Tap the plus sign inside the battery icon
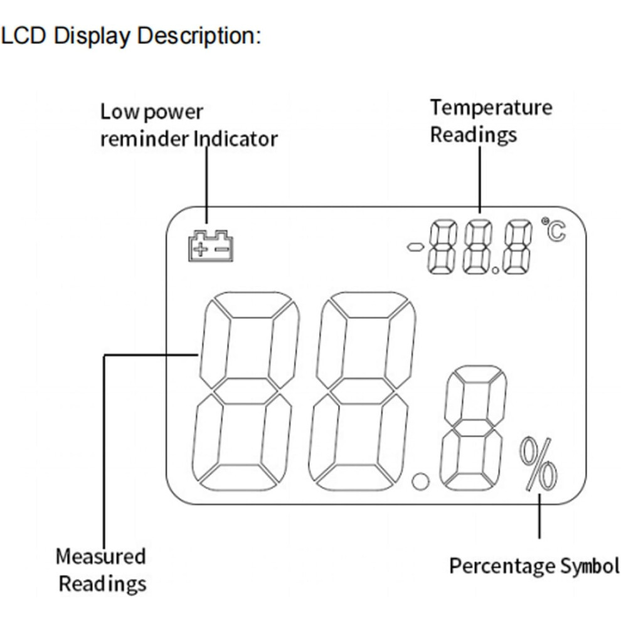click(x=200, y=250)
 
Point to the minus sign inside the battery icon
click(x=222, y=249)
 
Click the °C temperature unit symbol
click(x=554, y=229)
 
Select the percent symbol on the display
click(x=538, y=464)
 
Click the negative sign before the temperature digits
click(x=415, y=248)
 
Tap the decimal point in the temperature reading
click(x=496, y=270)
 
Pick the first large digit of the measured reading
click(x=245, y=391)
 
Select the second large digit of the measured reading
click(x=362, y=391)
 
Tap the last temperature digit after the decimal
click(x=517, y=247)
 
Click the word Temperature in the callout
click(x=491, y=108)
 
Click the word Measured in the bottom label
click(x=100, y=556)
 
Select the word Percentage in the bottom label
click(x=502, y=566)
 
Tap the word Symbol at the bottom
click(x=589, y=566)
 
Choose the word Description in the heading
click(x=199, y=36)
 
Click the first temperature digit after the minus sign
click(x=442, y=247)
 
